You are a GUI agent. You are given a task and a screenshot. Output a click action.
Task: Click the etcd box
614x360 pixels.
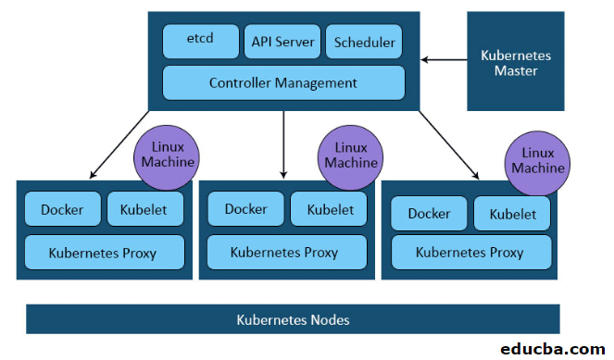click(200, 42)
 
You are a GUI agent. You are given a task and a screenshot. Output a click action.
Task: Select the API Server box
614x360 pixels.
click(282, 42)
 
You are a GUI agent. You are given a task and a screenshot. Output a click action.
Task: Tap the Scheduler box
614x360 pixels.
click(365, 42)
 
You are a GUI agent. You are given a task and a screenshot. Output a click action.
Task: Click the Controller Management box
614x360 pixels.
click(283, 82)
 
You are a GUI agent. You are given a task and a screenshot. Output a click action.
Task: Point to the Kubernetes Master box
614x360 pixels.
click(516, 62)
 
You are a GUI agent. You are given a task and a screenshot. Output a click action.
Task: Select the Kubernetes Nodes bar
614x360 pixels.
click(294, 319)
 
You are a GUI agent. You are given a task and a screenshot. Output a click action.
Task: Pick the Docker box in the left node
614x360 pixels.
click(62, 210)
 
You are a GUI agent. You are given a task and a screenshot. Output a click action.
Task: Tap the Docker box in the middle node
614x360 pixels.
click(245, 210)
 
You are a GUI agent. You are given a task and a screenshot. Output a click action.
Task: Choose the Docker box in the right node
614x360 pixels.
click(429, 214)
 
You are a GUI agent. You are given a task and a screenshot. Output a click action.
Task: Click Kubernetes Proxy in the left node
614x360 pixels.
click(103, 251)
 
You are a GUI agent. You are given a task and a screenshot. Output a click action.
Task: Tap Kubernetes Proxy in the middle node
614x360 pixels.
click(284, 251)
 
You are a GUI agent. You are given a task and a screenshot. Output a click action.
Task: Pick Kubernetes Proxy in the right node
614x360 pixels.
click(470, 252)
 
